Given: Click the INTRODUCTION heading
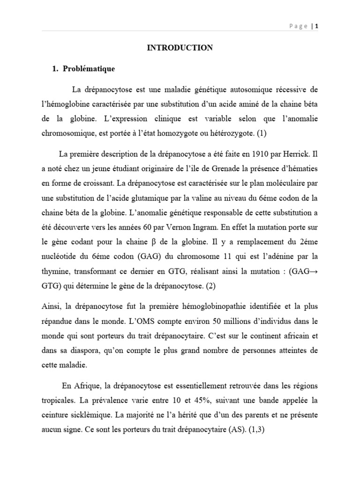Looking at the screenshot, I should (x=180, y=47).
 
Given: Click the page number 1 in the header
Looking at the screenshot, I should (x=317, y=26).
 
